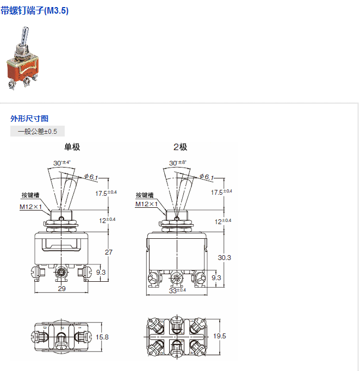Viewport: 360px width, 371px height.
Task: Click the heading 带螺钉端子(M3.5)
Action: tap(35, 10)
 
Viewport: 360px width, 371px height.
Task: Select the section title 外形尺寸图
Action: tap(29, 118)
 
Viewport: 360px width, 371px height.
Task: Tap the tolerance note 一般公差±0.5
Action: tap(38, 131)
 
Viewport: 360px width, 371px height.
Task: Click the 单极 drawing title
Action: tap(72, 147)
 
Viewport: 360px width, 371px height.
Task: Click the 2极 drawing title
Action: tap(180, 147)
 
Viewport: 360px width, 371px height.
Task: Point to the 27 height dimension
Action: tap(108, 252)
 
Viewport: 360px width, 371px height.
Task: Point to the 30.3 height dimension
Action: tap(224, 257)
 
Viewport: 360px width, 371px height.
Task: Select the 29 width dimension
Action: tap(61, 288)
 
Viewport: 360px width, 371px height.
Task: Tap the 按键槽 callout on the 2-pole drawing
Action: tap(144, 195)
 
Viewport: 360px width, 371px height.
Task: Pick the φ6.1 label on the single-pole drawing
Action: tap(92, 177)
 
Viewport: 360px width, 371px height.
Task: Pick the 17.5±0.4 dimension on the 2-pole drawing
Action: tap(221, 193)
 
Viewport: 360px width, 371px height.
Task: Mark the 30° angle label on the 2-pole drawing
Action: tap(177, 163)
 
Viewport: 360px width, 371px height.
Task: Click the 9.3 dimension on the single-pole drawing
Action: tap(101, 272)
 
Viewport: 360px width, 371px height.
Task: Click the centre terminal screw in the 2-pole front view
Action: tap(176, 278)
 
